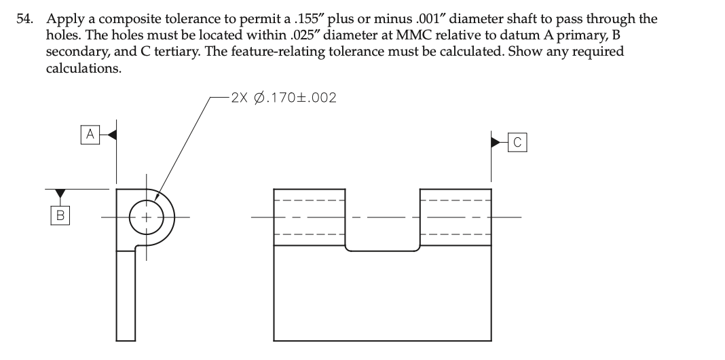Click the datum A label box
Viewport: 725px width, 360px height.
click(x=89, y=134)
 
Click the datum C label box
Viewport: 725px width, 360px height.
click(x=517, y=142)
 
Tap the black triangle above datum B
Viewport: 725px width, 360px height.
click(x=60, y=194)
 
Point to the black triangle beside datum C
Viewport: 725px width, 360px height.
click(x=497, y=142)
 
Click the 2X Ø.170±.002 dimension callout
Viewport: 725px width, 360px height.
click(x=283, y=98)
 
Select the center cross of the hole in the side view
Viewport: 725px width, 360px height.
click(x=145, y=217)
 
